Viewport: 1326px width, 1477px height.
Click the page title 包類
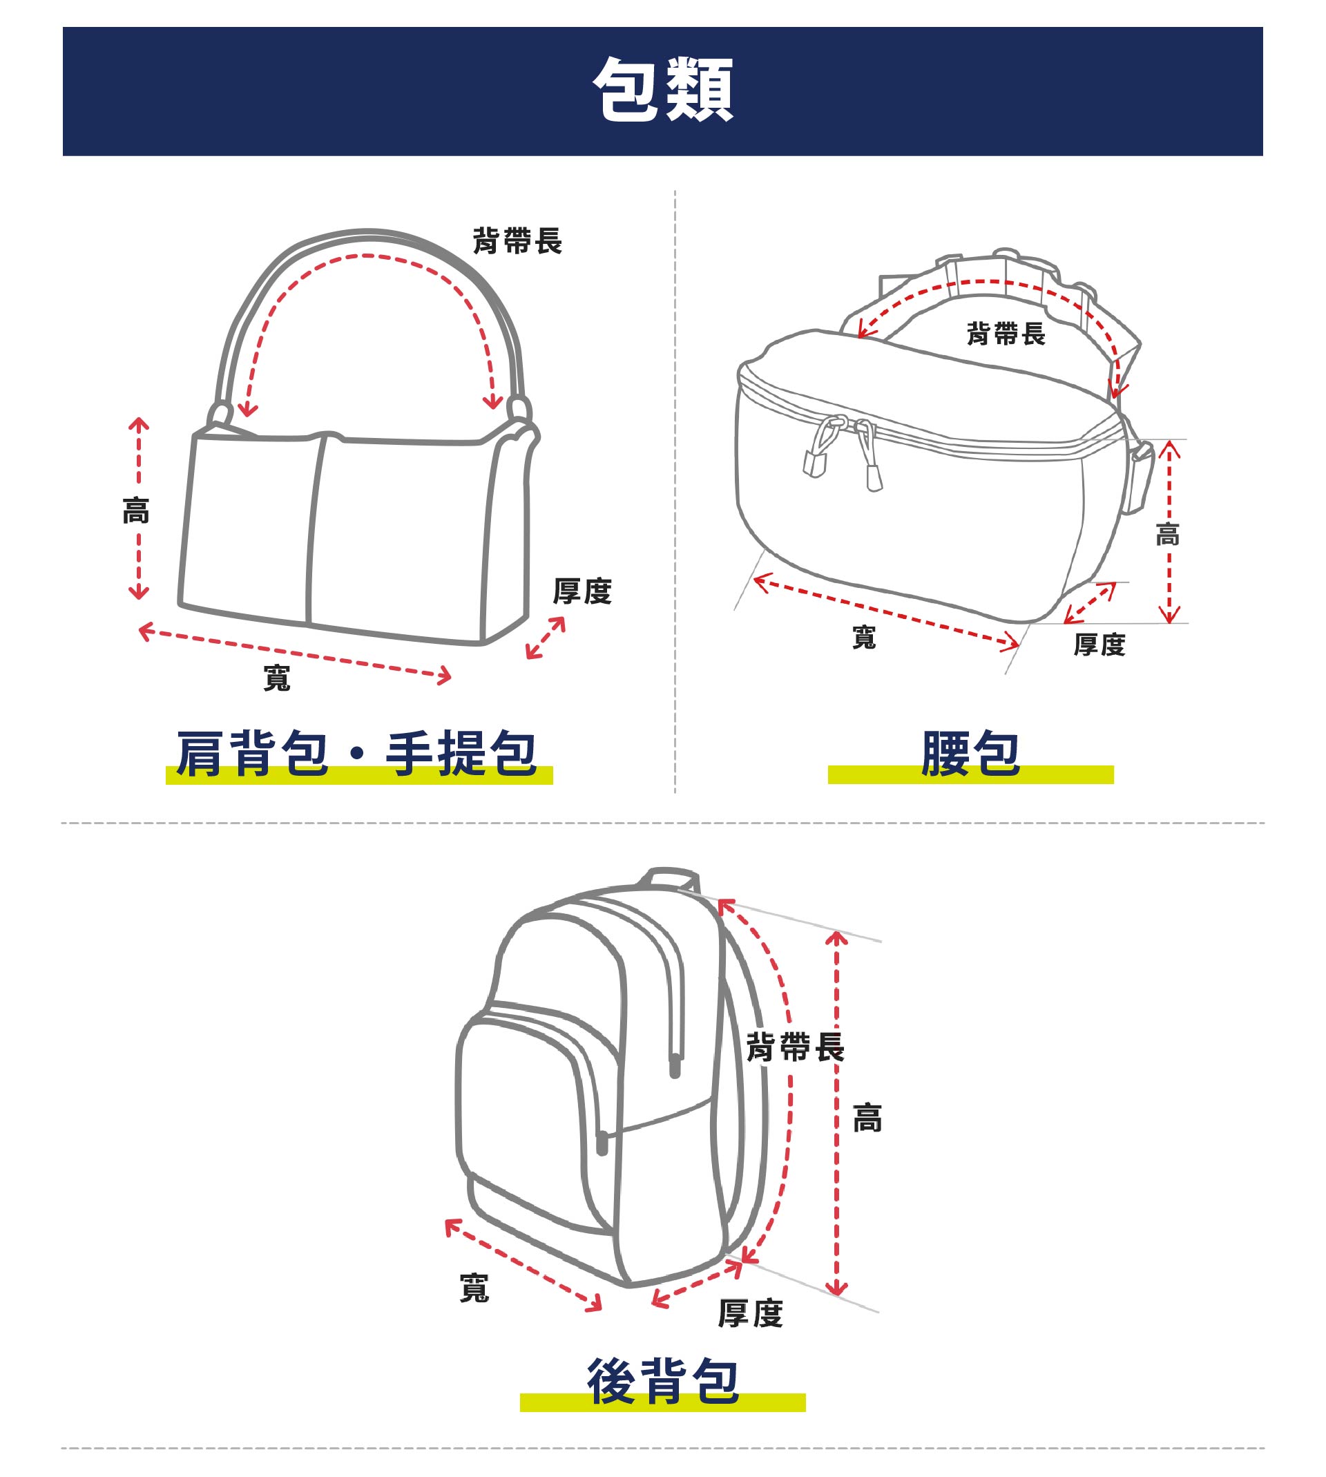(662, 90)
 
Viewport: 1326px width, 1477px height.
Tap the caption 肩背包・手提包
(357, 753)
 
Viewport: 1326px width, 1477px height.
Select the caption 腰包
(970, 753)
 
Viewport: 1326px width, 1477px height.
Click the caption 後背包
(662, 1380)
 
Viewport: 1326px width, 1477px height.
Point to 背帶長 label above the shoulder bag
(517, 240)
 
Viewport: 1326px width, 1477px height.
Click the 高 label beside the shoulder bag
(136, 510)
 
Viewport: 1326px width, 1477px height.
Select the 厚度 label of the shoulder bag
(582, 590)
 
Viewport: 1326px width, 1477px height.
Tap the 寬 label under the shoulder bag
(277, 678)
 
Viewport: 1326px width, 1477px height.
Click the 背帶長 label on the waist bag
(1006, 334)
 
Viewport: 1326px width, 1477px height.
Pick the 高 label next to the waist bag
(1167, 534)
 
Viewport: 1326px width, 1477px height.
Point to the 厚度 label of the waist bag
(1099, 644)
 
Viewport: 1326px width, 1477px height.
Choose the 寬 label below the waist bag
(864, 637)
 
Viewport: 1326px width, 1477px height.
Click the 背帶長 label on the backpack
(795, 1047)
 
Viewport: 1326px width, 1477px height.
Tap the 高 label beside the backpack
(867, 1117)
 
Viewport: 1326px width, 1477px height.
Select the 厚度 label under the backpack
(751, 1313)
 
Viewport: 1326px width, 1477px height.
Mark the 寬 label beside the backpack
(474, 1288)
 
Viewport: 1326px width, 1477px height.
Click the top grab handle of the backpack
(671, 877)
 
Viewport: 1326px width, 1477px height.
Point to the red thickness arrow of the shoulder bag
(546, 638)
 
